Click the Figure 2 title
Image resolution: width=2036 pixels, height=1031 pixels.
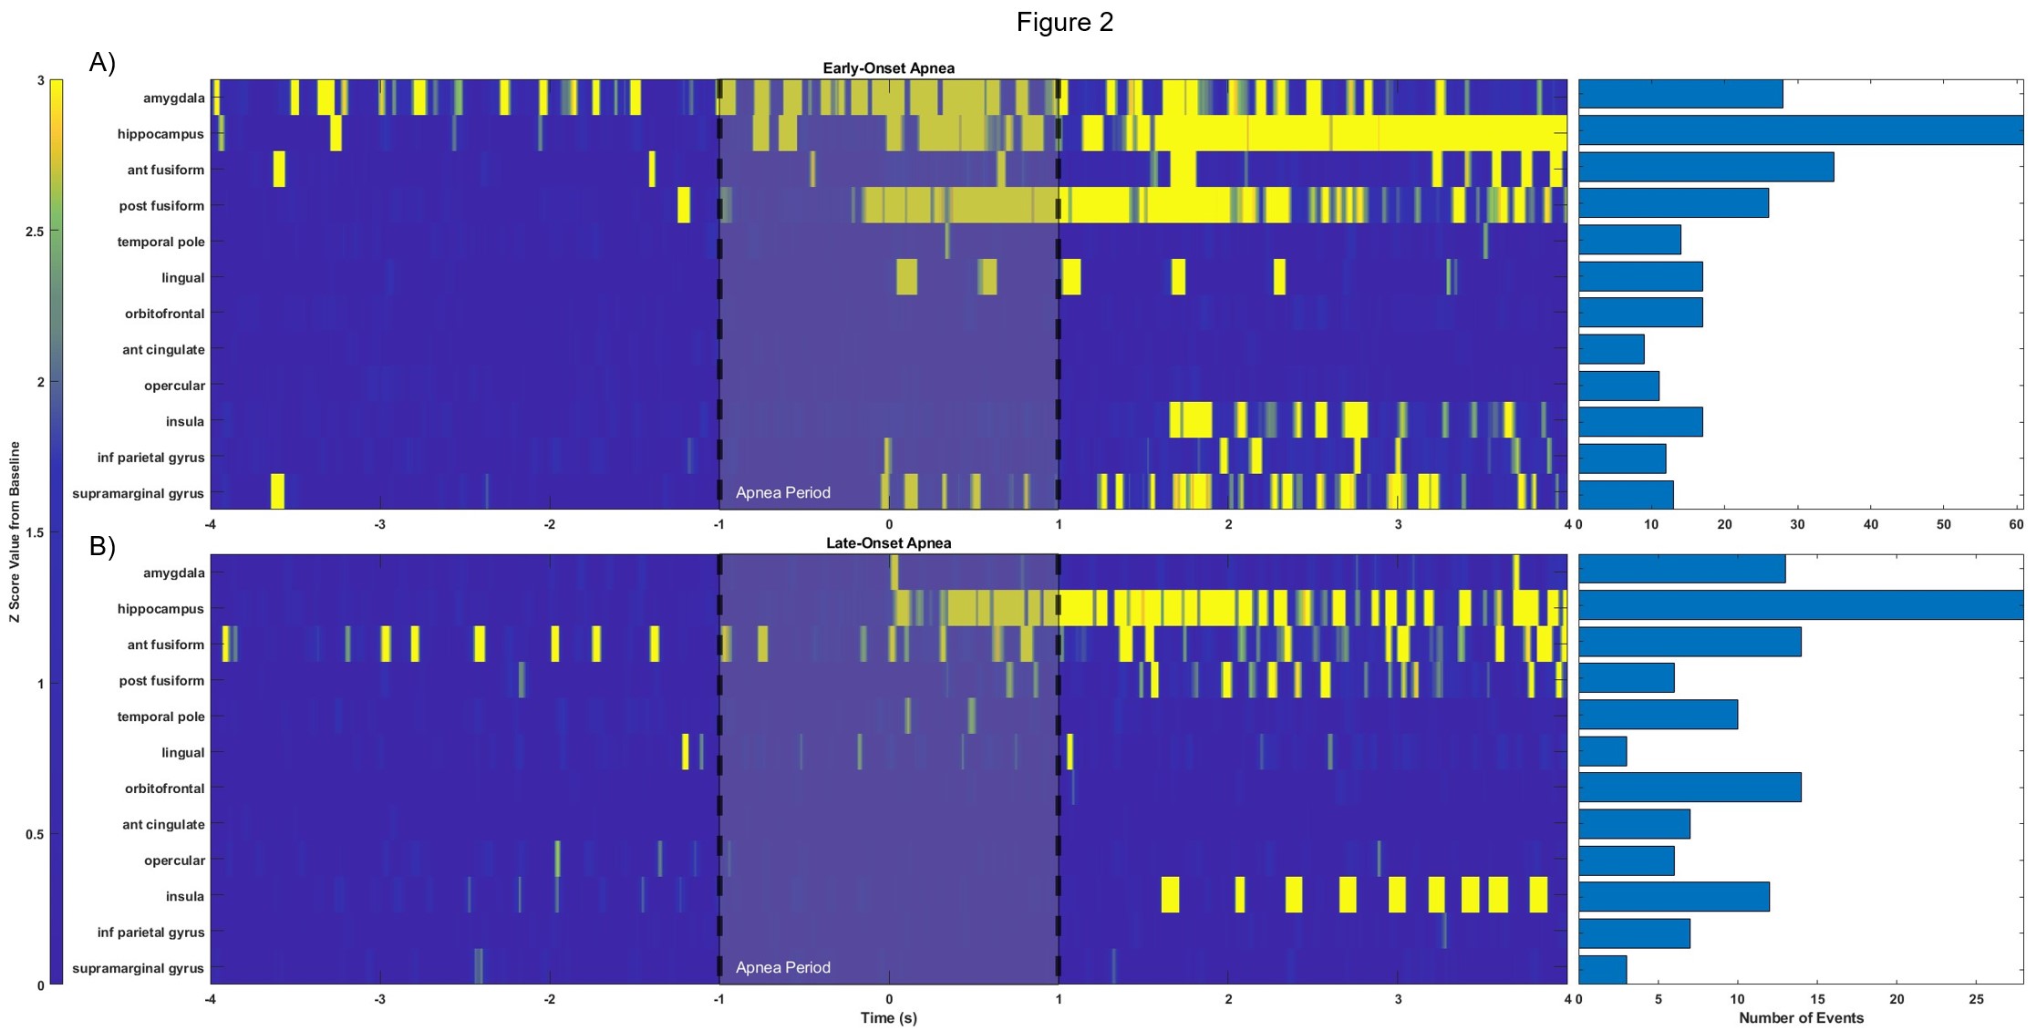[x=1064, y=22]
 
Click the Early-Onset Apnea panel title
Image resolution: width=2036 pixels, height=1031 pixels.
[x=888, y=68]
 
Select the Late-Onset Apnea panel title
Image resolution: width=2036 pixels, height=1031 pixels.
[x=888, y=543]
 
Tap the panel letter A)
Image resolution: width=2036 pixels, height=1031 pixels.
[x=102, y=63]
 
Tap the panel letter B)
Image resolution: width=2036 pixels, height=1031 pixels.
[x=102, y=546]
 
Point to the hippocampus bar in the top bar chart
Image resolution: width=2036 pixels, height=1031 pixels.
[x=1800, y=130]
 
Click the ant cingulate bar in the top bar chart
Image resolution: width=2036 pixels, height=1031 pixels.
[x=1611, y=349]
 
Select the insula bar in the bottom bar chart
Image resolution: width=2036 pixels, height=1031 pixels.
[x=1673, y=897]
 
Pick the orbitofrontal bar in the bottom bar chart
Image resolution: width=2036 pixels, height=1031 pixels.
[x=1690, y=787]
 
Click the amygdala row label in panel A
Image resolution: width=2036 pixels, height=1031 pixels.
[x=173, y=98]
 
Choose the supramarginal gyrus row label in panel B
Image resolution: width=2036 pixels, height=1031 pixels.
[x=138, y=968]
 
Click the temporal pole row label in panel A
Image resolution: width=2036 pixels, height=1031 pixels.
[x=160, y=242]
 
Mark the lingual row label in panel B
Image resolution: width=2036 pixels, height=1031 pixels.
[x=182, y=753]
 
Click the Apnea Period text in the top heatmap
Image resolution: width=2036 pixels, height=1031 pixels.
[x=782, y=493]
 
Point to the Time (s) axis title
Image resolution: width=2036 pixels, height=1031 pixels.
[x=888, y=1017]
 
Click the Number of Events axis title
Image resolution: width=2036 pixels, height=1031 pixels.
[x=1801, y=1017]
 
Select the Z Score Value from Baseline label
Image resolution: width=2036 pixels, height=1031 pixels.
[x=15, y=532]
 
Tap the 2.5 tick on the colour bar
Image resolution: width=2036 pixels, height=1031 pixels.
[x=35, y=232]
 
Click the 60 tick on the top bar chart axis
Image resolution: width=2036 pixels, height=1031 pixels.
[x=2016, y=524]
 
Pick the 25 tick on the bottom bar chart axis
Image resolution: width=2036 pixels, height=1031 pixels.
[x=1976, y=999]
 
